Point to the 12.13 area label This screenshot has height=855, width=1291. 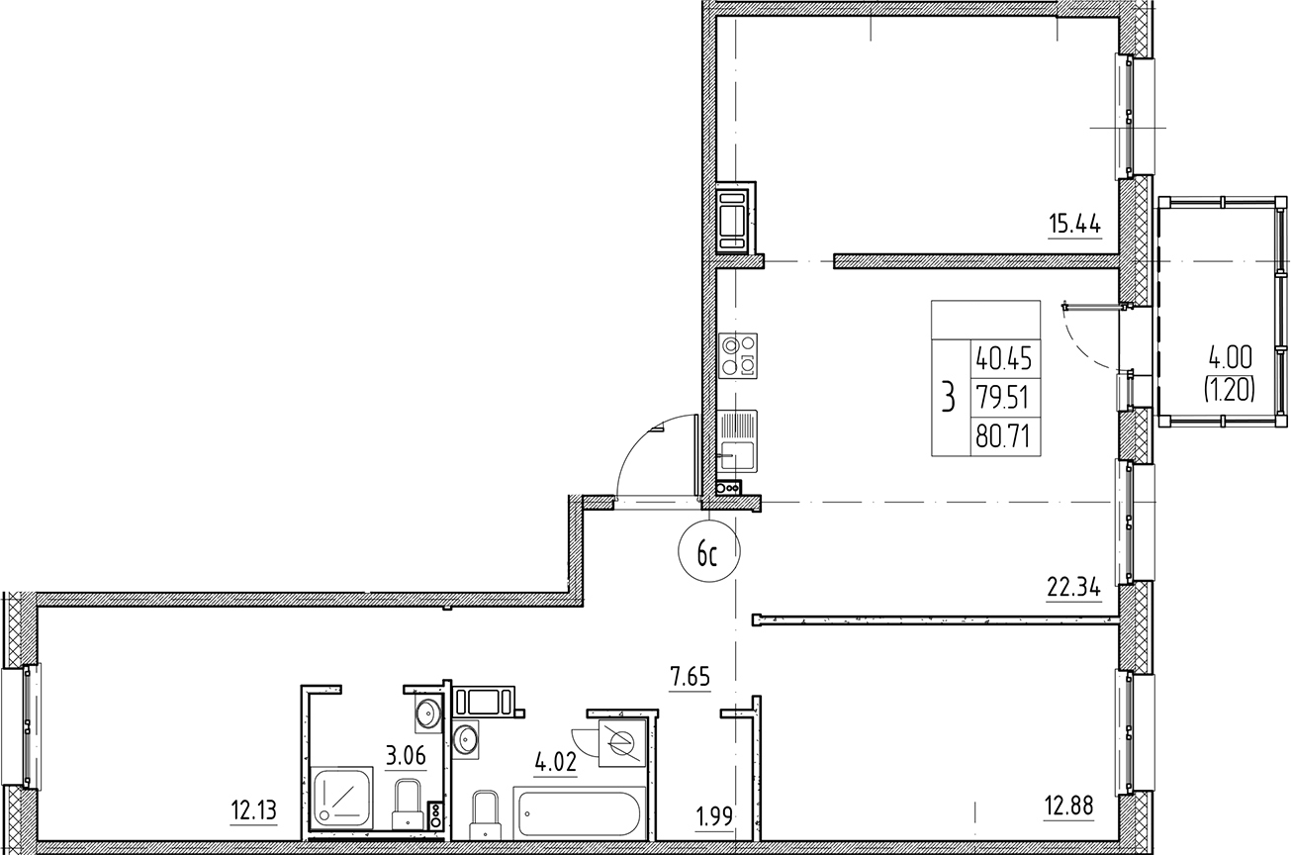(253, 812)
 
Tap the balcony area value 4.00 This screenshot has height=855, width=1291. (1228, 354)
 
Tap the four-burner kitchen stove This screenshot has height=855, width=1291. (739, 355)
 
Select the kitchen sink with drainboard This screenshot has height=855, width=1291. (737, 440)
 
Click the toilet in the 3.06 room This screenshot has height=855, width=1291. (407, 804)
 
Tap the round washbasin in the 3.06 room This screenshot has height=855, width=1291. (427, 712)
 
